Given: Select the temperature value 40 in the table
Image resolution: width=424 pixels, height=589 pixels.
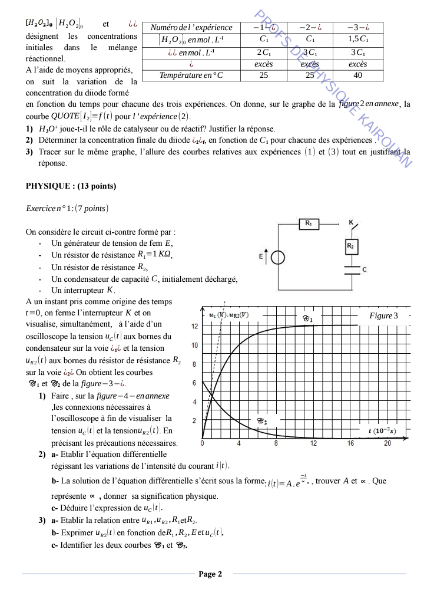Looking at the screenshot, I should click(357, 75).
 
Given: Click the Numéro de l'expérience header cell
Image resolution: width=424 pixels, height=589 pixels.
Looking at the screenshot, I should click(191, 27).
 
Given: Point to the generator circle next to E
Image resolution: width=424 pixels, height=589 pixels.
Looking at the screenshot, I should click(278, 258).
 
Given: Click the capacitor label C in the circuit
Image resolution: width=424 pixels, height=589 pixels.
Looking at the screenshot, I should click(365, 269).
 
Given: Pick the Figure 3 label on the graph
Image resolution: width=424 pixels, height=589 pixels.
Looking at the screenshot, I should click(383, 316).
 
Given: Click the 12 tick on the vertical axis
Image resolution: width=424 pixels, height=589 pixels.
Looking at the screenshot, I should click(195, 326).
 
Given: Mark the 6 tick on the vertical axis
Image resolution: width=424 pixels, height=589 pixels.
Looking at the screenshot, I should click(195, 383).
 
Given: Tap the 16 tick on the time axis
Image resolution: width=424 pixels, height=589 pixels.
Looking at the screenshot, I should click(350, 443).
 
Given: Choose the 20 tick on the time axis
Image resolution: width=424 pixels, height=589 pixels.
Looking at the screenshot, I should click(387, 443).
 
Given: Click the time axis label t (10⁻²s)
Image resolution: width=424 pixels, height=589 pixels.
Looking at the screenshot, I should click(382, 431).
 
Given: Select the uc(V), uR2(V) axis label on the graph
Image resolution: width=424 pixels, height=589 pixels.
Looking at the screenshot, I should click(229, 315).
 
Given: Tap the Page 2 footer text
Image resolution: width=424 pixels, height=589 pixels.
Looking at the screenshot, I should click(210, 574).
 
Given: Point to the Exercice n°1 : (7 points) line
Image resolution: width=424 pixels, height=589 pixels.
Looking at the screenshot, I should click(67, 209).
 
